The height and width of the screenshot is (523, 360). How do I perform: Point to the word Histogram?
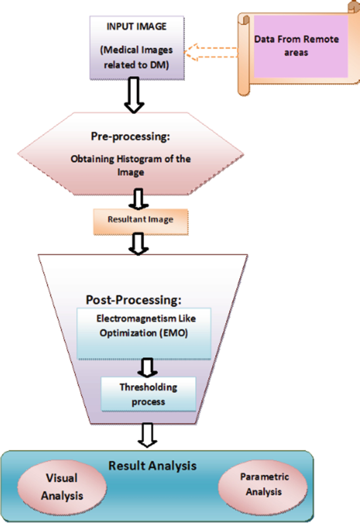pos(137,159)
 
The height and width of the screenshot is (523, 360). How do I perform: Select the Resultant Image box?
pos(140,220)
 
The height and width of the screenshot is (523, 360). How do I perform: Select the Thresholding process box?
pos(149,394)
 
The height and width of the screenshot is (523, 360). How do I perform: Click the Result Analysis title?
pos(152,465)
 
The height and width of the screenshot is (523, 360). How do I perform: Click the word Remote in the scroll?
pos(322,39)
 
